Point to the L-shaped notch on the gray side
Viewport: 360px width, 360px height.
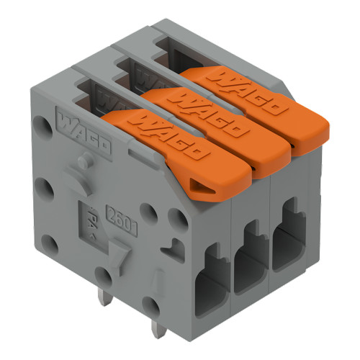click(169, 249)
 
